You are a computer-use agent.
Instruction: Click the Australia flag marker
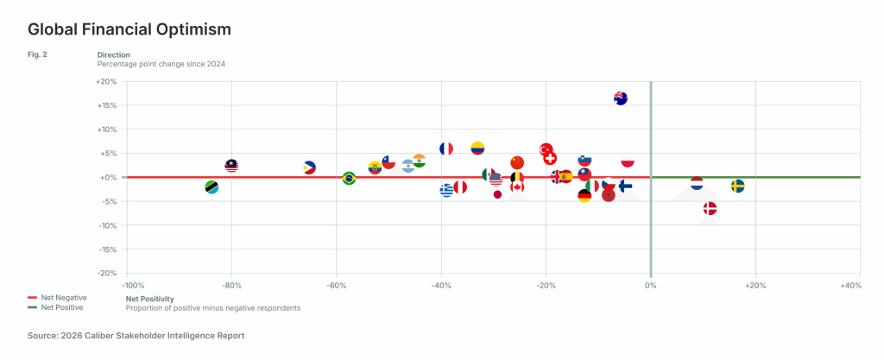tap(620, 98)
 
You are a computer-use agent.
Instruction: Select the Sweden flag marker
tap(738, 186)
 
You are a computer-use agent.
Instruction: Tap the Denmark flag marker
tap(710, 208)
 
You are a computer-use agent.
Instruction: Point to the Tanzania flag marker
tap(212, 187)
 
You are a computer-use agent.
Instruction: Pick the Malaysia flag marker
tap(231, 166)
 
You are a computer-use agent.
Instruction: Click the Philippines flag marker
tap(310, 167)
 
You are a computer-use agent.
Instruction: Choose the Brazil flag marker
tap(349, 179)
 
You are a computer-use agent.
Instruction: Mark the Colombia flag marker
tap(477, 148)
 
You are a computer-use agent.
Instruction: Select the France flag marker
tap(446, 148)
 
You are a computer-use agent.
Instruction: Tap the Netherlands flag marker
tap(697, 183)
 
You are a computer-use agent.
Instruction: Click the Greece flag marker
tap(446, 190)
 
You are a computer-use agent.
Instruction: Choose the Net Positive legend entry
tap(60, 307)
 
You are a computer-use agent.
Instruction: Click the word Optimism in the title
tap(192, 29)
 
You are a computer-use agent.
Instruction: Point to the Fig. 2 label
tap(37, 54)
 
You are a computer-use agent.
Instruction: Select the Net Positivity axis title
tap(149, 298)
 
